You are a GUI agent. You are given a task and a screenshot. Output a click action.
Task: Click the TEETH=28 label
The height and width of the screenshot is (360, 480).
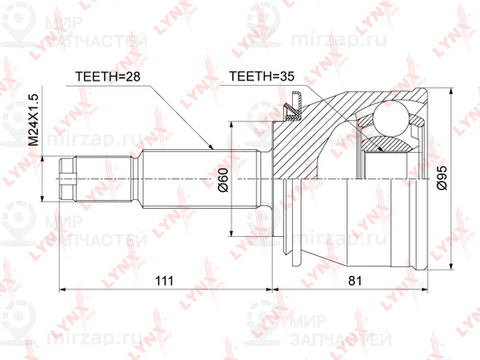point(108,76)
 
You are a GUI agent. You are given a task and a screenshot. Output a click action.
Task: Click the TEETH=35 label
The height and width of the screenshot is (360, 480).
point(262,76)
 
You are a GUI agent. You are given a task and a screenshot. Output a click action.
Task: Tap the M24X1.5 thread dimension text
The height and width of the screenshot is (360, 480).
point(33,119)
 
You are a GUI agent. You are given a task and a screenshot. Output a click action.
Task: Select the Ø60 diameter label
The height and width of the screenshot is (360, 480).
point(223,180)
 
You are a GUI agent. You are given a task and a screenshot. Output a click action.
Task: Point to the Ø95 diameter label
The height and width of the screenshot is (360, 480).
point(442,178)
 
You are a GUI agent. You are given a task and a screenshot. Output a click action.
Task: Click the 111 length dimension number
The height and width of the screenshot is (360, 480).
point(165,280)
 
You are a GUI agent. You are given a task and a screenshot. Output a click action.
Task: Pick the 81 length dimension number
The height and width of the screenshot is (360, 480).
point(355,280)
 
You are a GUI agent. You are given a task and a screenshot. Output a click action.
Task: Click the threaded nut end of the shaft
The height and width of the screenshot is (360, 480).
point(68,179)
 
